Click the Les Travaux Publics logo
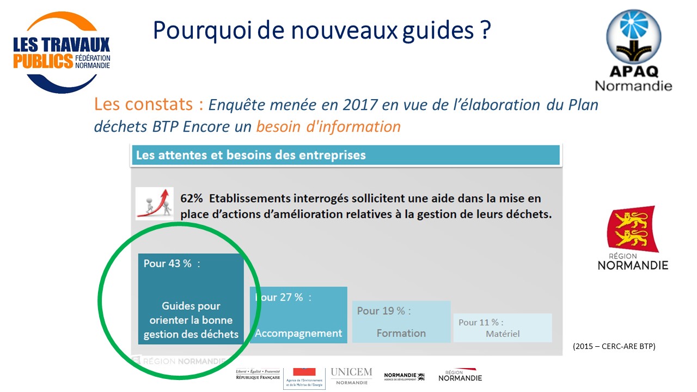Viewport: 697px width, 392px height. pos(61,53)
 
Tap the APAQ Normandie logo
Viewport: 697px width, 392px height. pos(633,50)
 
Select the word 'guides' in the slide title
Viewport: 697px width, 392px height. pos(438,30)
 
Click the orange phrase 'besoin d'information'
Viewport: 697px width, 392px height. pos(328,127)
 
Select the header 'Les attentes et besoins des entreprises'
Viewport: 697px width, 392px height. pos(250,155)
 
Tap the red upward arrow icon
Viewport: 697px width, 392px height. pos(155,203)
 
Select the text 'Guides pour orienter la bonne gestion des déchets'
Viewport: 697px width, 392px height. pos(191,320)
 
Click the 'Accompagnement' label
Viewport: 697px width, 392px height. pos(298,333)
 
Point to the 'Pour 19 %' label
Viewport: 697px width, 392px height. pos(384,311)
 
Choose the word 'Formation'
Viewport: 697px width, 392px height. pos(401,333)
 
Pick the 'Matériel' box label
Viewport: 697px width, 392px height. pos(503,333)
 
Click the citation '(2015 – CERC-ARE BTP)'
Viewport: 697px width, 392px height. pos(614,346)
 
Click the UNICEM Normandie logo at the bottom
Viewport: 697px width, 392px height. pos(351,376)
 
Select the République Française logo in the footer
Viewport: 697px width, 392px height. pos(258,375)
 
